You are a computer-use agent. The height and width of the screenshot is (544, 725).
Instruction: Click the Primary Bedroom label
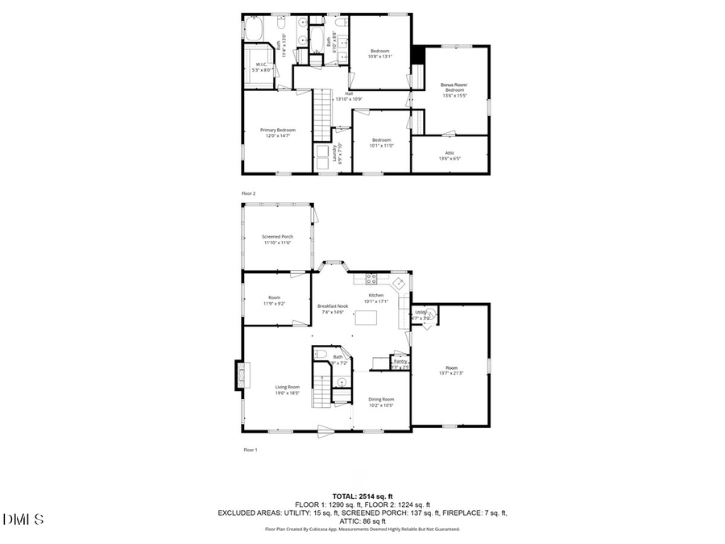point(277,130)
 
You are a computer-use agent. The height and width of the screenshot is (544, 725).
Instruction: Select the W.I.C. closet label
point(262,64)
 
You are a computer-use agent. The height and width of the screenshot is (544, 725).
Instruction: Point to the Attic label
point(449,153)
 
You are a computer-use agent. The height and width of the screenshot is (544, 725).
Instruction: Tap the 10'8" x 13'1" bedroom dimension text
point(379,56)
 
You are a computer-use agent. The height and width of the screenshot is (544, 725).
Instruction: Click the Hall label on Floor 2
point(349,93)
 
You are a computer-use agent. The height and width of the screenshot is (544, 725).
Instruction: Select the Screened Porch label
point(277,237)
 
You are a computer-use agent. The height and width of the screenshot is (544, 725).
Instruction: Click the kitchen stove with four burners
point(372,280)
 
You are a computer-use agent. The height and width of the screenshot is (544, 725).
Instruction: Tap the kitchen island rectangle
point(366,318)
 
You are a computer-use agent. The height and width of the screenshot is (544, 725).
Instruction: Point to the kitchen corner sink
point(399,284)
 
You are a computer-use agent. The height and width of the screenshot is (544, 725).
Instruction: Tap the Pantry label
point(400,362)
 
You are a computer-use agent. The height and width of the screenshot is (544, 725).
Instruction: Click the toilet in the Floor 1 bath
point(321,355)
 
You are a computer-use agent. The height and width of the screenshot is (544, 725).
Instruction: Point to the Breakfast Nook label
point(332,306)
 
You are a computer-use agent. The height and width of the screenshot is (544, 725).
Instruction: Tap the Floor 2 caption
point(249,193)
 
